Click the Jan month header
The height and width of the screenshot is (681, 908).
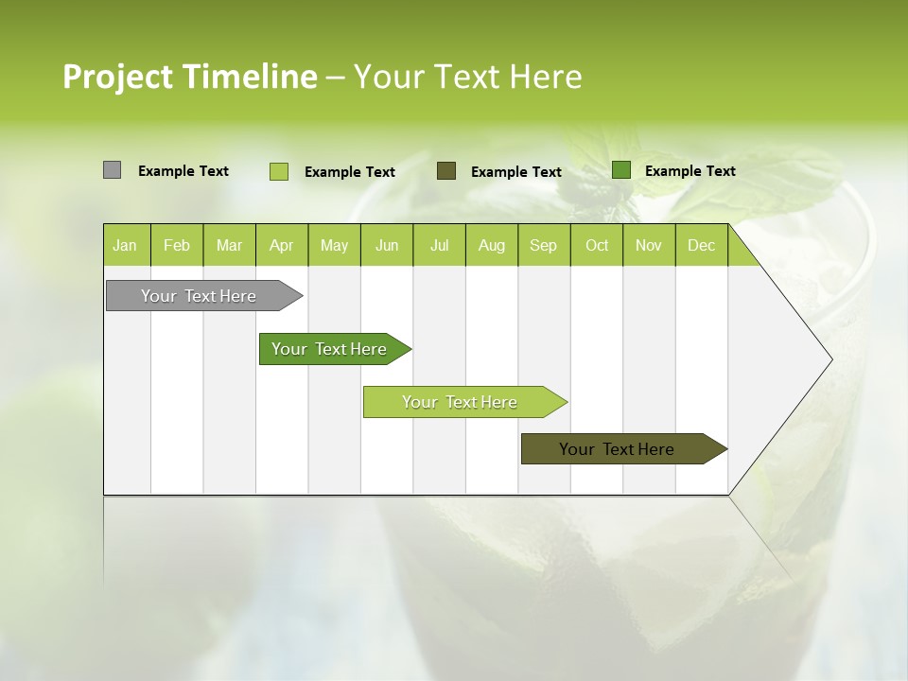click(126, 246)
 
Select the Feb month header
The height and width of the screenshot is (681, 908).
click(177, 246)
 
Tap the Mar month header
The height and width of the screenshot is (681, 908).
click(229, 246)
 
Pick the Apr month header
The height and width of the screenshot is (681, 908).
click(282, 246)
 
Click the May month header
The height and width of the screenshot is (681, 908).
click(334, 246)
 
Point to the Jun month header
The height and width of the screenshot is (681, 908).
click(387, 246)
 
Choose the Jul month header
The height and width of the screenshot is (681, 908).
click(439, 246)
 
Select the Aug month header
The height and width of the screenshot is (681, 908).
click(492, 246)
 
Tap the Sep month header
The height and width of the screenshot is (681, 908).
click(544, 246)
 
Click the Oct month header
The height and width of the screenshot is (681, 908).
click(597, 246)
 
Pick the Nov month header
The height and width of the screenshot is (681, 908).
click(649, 246)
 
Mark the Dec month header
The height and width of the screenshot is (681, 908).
click(702, 246)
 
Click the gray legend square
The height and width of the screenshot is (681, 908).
click(113, 170)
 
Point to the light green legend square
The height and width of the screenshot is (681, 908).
click(279, 171)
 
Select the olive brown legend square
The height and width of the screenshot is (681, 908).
click(446, 170)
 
